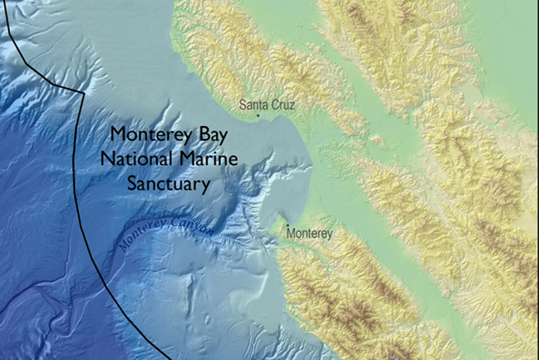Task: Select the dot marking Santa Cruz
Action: click(257, 116)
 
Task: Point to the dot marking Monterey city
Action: click(288, 226)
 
